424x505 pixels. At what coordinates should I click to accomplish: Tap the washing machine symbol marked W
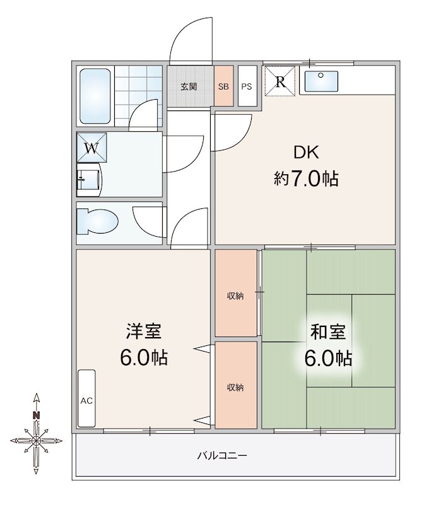(92, 149)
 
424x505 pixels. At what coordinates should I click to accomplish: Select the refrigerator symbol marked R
(280, 81)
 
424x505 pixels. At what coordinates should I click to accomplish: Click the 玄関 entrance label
(189, 86)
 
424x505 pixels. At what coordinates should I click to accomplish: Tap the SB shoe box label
(223, 86)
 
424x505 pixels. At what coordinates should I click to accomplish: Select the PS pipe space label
(247, 86)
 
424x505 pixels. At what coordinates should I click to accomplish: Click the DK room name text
(306, 153)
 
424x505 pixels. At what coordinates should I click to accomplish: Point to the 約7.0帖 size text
(306, 179)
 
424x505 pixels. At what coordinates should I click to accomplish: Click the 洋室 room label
(143, 331)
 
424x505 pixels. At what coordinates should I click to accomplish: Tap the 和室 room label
(328, 331)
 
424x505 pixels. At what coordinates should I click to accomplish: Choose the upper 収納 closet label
(236, 296)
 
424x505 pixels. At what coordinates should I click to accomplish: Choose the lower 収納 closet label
(236, 387)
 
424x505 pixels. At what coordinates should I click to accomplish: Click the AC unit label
(86, 401)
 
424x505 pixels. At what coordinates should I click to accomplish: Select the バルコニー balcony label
(222, 455)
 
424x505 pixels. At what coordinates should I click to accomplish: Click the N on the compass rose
(37, 415)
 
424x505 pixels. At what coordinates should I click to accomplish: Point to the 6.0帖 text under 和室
(328, 359)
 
